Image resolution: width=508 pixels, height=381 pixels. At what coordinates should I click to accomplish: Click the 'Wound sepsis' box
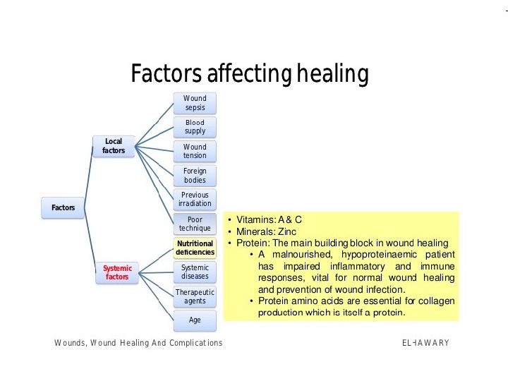pos(195,102)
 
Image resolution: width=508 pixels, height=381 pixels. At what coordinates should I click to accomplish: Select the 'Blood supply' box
pos(195,127)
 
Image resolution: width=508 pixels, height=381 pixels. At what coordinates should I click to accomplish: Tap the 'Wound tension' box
pos(195,152)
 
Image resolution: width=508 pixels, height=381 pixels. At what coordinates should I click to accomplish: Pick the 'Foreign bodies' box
pos(195,176)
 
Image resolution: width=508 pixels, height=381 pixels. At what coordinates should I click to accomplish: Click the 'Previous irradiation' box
pos(195,199)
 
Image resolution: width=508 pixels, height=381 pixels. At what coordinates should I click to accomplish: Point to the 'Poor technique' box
pos(195,224)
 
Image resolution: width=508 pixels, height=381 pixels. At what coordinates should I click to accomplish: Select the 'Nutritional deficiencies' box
pos(195,248)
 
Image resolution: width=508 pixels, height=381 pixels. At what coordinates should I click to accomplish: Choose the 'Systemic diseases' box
pos(195,272)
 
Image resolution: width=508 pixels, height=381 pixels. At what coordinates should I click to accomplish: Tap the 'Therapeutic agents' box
pos(195,296)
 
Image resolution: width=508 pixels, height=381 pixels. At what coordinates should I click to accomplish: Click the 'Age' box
pos(195,320)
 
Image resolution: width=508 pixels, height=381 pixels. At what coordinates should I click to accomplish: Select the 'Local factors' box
pos(114,146)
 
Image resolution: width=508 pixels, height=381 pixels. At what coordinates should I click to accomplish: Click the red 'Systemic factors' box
pos(117,272)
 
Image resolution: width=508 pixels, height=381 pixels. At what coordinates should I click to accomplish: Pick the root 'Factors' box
pos(63,207)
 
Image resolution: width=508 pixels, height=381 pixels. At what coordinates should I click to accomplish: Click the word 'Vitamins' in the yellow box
pos(257,219)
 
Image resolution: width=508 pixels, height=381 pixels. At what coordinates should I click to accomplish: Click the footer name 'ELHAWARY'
pos(425,343)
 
